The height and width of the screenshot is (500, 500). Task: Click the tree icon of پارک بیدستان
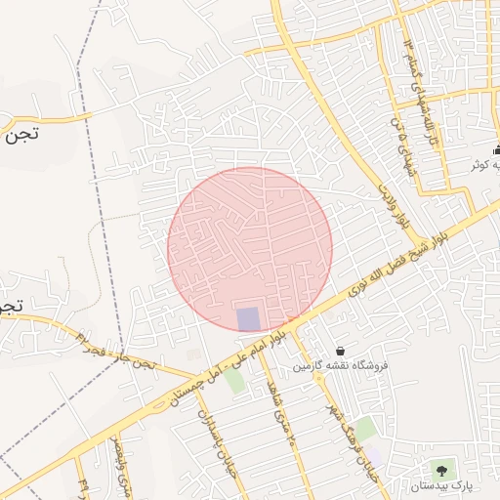pyautogui.click(x=450, y=471)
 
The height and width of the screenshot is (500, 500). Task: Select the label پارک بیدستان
pyautogui.click(x=440, y=485)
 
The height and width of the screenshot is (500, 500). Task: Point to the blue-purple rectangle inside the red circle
pyautogui.click(x=249, y=318)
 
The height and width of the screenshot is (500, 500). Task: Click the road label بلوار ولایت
pyautogui.click(x=393, y=205)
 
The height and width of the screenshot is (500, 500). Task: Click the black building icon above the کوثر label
pyautogui.click(x=497, y=149)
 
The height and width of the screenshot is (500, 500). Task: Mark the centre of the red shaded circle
pyautogui.click(x=250, y=250)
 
